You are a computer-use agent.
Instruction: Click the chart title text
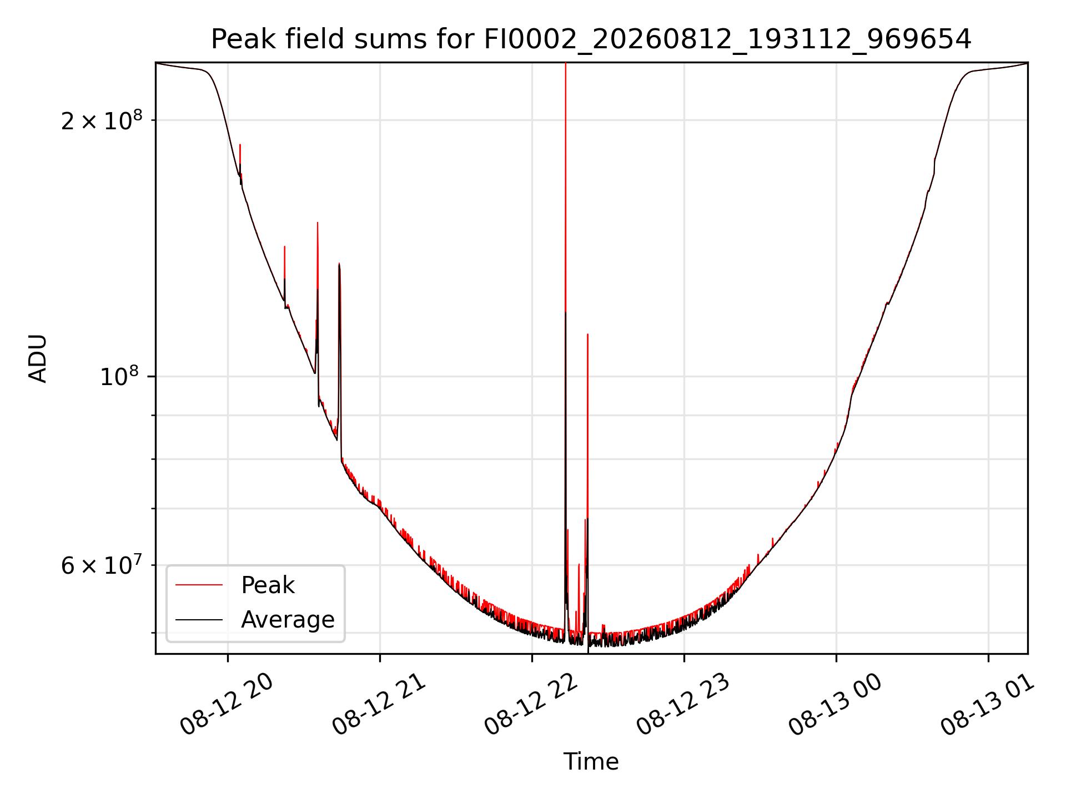[x=591, y=39]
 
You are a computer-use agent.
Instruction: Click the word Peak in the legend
[x=268, y=585]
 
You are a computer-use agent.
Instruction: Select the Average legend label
[x=288, y=620]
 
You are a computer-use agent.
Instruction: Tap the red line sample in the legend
[x=199, y=585]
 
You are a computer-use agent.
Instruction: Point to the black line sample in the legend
[x=199, y=619]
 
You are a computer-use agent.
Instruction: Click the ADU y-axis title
[x=38, y=358]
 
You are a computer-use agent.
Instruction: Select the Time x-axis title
[x=591, y=762]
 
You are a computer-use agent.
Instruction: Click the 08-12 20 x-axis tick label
[x=227, y=705]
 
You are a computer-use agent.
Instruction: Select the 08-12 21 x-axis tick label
[x=379, y=705]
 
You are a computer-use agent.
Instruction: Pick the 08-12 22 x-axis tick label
[x=531, y=705]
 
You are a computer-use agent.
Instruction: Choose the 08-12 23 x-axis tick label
[x=683, y=705]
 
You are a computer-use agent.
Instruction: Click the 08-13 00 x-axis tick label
[x=836, y=705]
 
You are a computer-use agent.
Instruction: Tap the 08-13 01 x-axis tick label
[x=988, y=705]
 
